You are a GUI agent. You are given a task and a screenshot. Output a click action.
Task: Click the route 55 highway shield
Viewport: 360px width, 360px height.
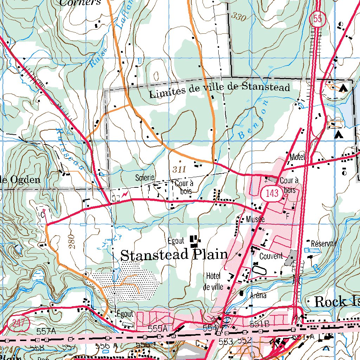pos(316,20)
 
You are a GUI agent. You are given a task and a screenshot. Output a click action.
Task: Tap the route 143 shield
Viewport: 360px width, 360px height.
pos(272,193)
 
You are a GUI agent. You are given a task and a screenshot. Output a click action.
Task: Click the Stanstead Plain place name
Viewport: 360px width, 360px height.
pos(174,255)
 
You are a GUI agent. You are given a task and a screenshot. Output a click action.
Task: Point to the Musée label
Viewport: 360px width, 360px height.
pos(255,219)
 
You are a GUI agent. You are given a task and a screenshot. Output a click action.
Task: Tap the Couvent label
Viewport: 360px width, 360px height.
pos(271,256)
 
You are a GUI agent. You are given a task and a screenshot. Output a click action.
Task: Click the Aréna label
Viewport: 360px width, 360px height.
pos(258,296)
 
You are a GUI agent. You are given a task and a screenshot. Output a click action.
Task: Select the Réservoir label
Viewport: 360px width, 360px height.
pos(324,243)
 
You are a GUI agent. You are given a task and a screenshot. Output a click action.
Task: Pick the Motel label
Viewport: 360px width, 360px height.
pos(297,157)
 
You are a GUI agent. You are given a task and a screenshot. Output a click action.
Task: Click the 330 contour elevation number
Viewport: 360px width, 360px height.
pos(239,17)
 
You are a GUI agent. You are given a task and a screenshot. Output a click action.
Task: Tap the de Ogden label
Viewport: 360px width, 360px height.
pos(20,180)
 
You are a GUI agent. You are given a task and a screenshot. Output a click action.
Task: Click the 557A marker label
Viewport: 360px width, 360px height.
pos(46,331)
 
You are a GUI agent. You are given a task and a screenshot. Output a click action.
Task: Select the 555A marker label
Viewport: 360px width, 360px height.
pos(157,328)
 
